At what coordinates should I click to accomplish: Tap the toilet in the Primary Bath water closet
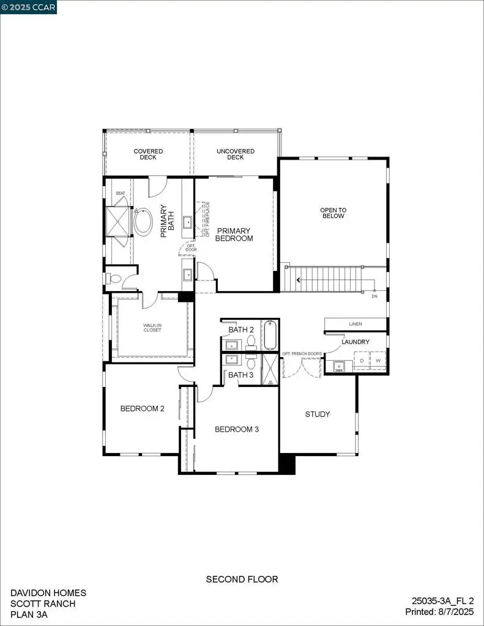click(113, 279)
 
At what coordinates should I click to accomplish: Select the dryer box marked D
click(362, 361)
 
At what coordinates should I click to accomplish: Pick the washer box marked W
click(378, 361)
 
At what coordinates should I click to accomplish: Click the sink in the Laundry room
click(338, 366)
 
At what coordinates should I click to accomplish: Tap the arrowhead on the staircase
click(299, 281)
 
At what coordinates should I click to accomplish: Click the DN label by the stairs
click(374, 296)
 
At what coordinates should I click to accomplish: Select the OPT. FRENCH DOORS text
click(302, 354)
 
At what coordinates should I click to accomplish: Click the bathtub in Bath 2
click(270, 335)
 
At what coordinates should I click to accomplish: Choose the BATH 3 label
click(241, 375)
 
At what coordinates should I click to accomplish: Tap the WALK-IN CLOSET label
click(152, 328)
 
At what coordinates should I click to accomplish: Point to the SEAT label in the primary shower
click(121, 193)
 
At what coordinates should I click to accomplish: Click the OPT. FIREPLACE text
click(207, 219)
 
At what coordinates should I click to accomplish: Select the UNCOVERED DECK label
click(236, 154)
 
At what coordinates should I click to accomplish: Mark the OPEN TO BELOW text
click(333, 213)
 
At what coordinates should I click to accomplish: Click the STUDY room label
click(318, 414)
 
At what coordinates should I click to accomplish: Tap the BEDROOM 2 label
click(142, 409)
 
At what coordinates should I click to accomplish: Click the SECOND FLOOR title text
click(242, 579)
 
